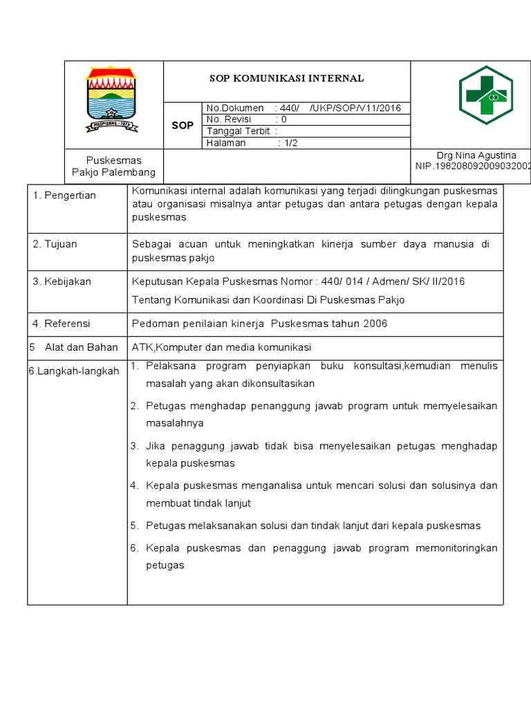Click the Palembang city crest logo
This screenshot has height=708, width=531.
[112, 98]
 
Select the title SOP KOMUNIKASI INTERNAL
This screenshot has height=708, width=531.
[286, 78]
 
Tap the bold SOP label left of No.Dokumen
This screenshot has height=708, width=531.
[183, 125]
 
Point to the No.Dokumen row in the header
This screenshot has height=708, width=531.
[304, 108]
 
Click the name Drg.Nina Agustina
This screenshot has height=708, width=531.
[476, 156]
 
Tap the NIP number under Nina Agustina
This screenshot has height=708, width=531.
[473, 167]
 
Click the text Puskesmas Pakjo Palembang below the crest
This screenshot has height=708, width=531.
[114, 167]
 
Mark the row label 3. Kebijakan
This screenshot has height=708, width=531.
[62, 281]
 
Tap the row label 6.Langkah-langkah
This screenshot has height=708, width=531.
[74, 371]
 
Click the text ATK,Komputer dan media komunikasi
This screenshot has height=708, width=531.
[222, 347]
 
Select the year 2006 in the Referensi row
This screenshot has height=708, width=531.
[375, 324]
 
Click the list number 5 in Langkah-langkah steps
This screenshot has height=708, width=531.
[134, 525]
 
